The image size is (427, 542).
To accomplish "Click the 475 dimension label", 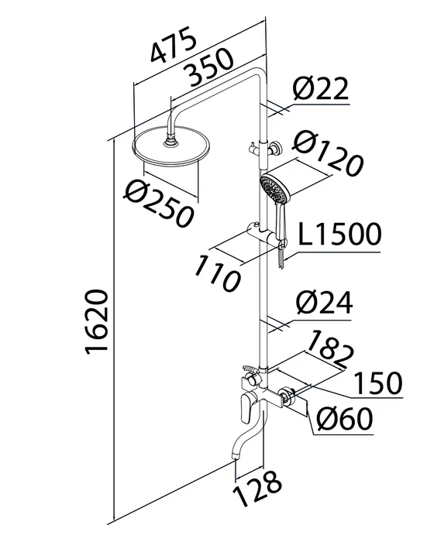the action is (173, 45).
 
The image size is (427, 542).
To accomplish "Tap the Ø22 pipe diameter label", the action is (320, 87).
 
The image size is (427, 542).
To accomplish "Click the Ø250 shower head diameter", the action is (159, 204).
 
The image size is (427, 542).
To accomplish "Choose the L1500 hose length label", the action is (339, 234).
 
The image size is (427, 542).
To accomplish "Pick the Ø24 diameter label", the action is (324, 303).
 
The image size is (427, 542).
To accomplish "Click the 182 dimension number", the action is (330, 349).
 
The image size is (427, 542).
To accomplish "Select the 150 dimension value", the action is (378, 383).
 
